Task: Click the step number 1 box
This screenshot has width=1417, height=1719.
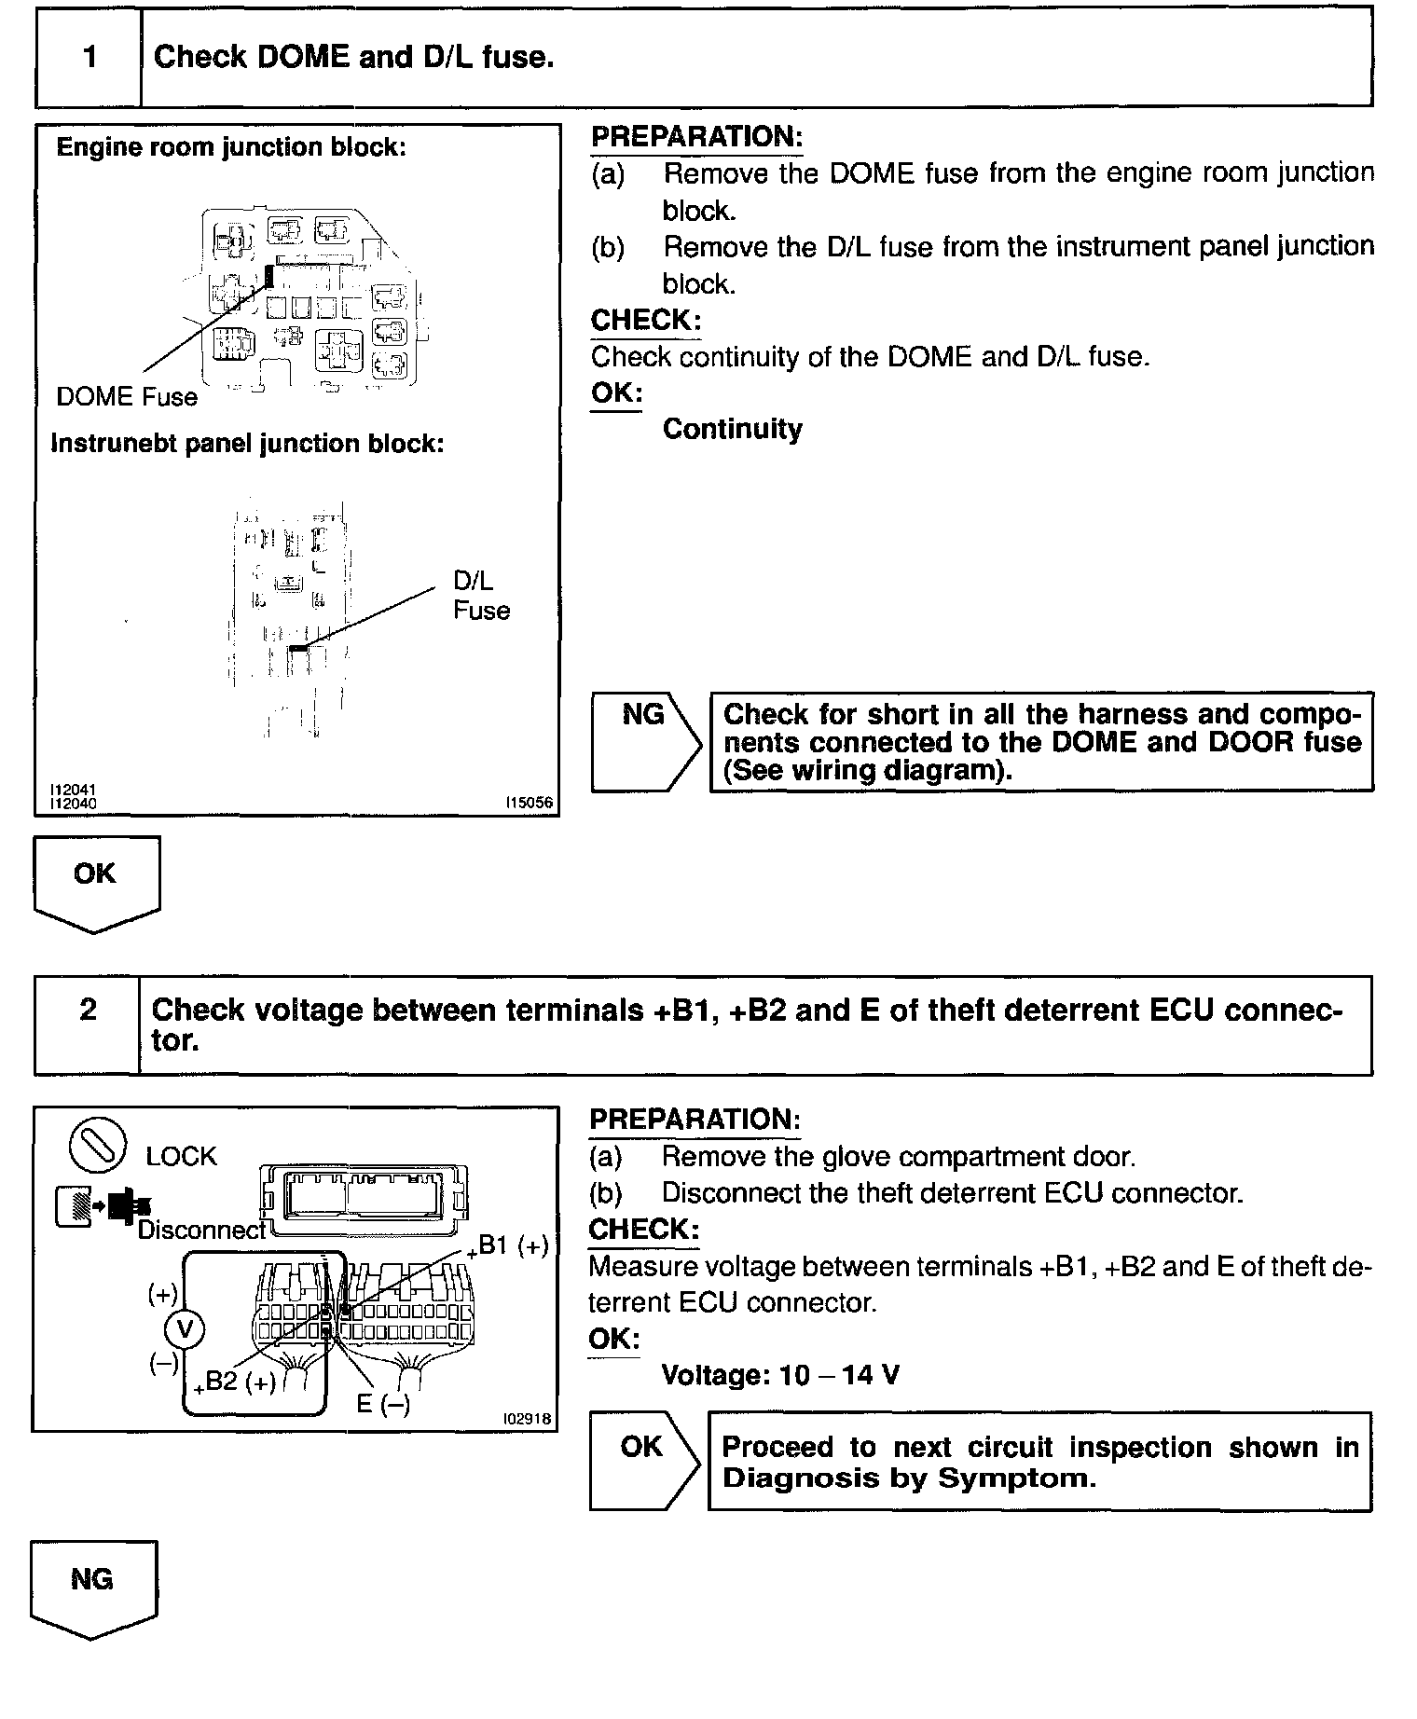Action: (89, 58)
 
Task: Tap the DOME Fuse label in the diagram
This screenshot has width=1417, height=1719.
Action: (127, 397)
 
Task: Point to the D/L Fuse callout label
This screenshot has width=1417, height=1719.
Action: (481, 596)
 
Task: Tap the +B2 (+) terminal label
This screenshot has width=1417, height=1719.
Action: (235, 1382)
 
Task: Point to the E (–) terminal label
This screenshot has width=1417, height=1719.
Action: (383, 1403)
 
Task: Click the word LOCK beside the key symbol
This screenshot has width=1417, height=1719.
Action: (181, 1157)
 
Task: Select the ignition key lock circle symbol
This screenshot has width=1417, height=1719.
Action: (98, 1144)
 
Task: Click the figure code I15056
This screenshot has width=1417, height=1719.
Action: (529, 803)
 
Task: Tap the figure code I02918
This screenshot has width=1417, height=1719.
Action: (527, 1420)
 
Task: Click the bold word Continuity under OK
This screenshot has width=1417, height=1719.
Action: (732, 430)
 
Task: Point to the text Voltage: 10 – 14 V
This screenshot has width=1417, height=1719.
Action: (779, 1375)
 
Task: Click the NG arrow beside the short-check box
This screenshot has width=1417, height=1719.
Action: (645, 741)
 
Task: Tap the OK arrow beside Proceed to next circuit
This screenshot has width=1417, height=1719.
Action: (643, 1461)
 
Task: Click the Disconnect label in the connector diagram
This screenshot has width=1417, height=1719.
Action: (201, 1231)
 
